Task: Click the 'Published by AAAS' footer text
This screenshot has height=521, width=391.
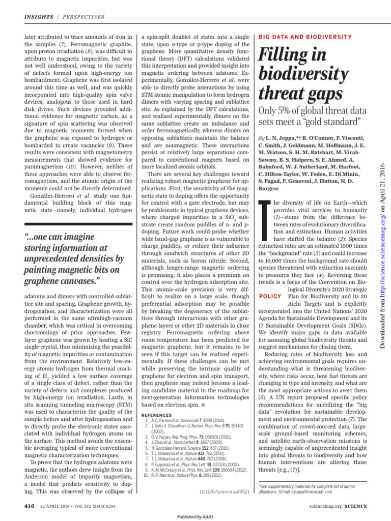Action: (195, 516)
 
